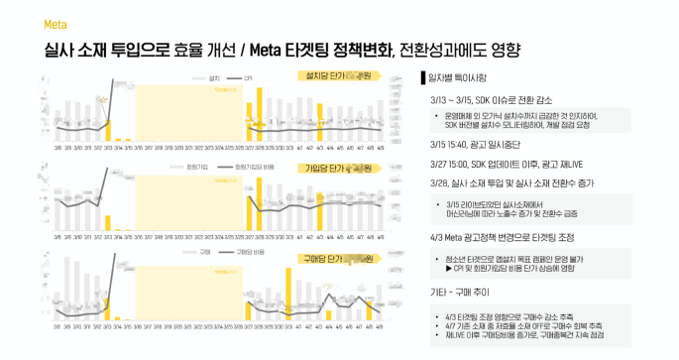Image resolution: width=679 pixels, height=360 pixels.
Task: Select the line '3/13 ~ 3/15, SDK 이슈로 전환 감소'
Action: (502, 100)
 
